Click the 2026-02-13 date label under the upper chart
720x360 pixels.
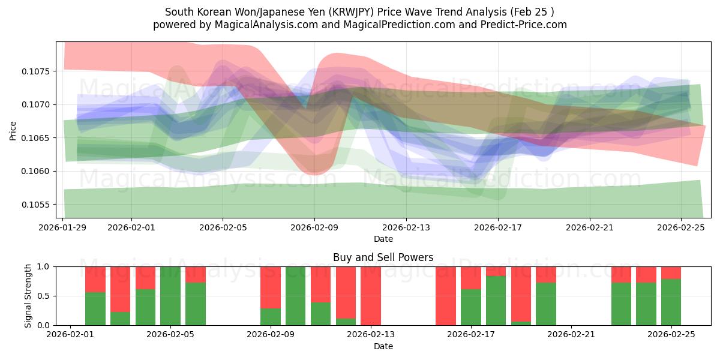coord(406,228)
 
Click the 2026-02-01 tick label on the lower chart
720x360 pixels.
coord(71,335)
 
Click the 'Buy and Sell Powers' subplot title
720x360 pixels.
coord(383,257)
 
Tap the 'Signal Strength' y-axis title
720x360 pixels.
coord(28,296)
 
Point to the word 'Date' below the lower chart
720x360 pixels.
coord(383,346)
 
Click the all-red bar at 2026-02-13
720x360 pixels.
coord(371,296)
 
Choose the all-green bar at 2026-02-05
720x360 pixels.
coord(170,296)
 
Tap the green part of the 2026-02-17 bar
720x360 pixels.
coord(471,307)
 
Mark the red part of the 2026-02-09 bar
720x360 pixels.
coord(271,287)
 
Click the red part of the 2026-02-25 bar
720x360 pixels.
coord(671,272)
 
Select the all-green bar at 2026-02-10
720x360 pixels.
coord(296,296)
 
